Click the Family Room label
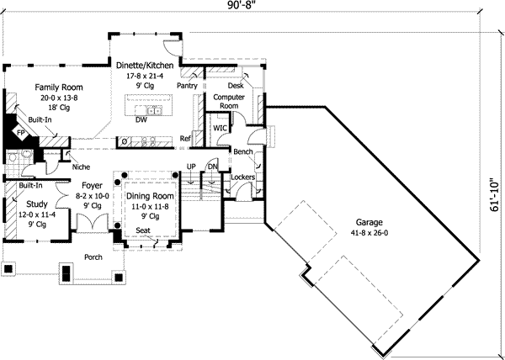57,87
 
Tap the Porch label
93,257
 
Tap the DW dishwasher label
141,120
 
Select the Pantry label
187,86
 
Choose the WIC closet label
221,128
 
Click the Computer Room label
228,102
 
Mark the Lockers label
242,178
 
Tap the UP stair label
191,167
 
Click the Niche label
82,166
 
